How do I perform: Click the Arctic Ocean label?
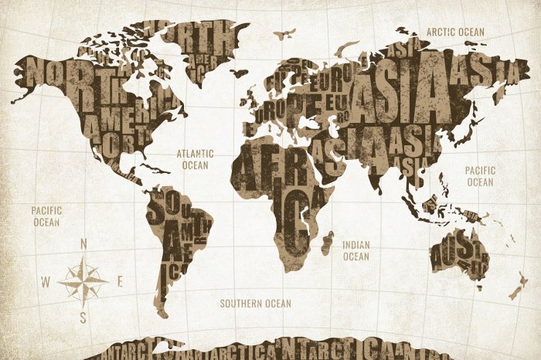point(456,32)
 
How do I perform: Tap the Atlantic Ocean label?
point(195,159)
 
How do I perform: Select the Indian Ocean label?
point(356,250)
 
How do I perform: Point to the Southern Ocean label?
point(255,304)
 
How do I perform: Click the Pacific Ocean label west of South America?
point(46,216)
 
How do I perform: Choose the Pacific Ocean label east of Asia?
point(480,175)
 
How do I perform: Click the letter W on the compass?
point(46,282)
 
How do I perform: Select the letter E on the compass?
point(120,282)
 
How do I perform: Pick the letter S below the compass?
point(83,317)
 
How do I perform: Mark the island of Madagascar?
point(328,243)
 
